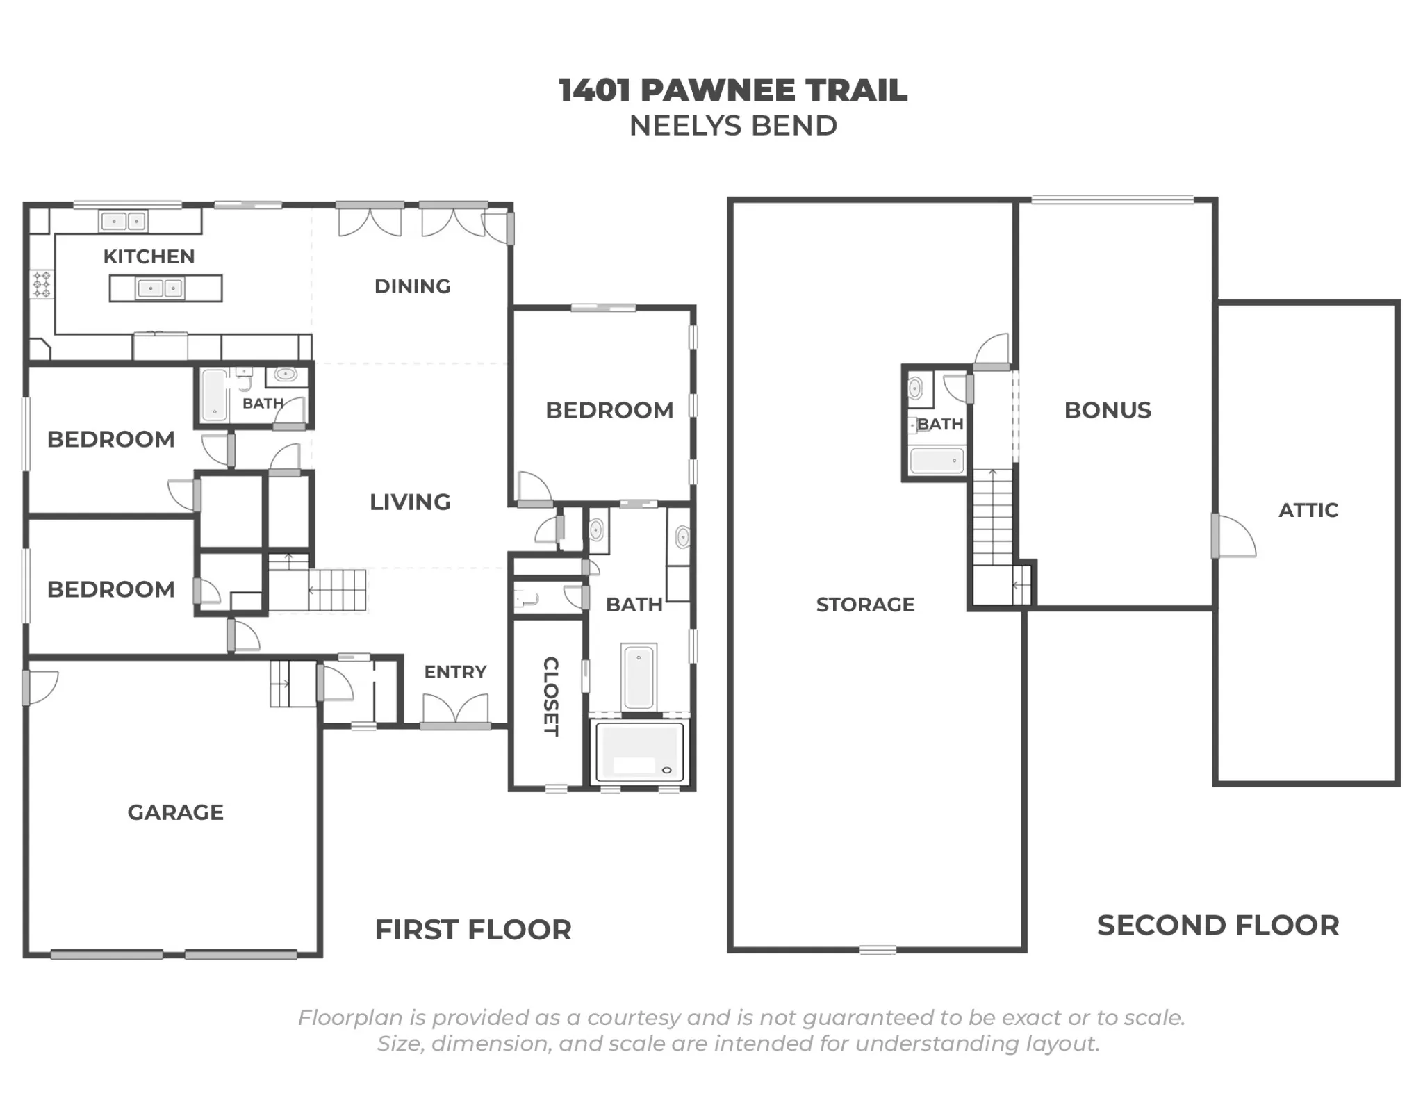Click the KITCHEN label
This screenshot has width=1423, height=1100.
149,256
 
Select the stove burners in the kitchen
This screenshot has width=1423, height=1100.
42,285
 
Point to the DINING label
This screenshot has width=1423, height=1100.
412,286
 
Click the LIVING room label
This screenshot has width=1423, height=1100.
410,502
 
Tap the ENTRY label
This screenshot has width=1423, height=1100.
455,672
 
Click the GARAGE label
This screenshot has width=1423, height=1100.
175,812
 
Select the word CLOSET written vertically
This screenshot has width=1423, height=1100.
550,696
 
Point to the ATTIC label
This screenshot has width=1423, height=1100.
1308,510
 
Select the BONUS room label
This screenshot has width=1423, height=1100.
1108,410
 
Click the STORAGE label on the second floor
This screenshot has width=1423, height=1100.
865,605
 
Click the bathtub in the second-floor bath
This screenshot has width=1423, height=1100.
937,461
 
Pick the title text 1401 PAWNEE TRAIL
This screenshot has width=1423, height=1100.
733,90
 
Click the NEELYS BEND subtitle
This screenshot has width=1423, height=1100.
733,126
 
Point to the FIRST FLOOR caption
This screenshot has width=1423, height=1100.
473,930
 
